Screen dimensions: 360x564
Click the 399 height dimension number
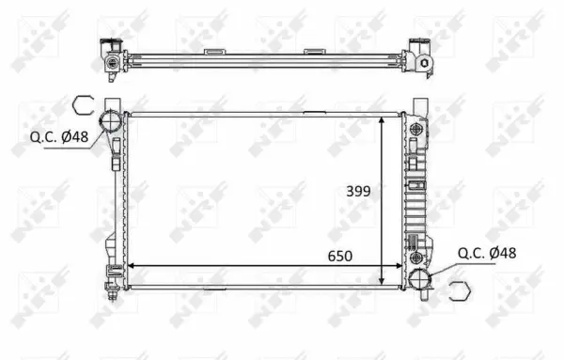[357, 191]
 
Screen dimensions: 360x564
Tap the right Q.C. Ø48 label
[487, 252]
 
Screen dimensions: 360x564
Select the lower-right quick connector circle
[421, 278]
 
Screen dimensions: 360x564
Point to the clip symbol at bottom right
[460, 290]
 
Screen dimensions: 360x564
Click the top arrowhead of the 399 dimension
[380, 120]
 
